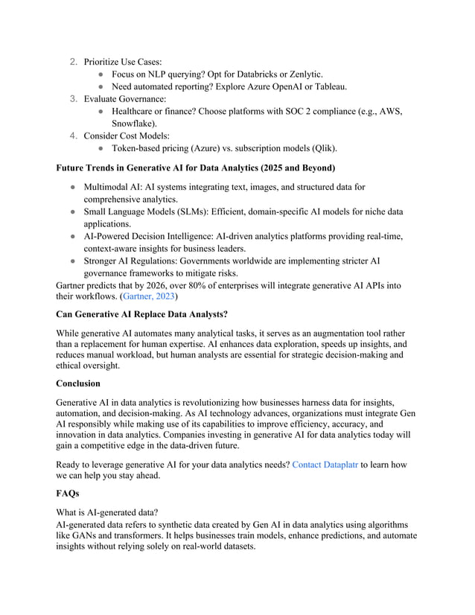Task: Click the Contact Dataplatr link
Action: pyautogui.click(x=325, y=465)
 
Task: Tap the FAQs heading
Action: pyautogui.click(x=71, y=493)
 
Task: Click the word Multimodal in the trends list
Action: pyautogui.click(x=109, y=187)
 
